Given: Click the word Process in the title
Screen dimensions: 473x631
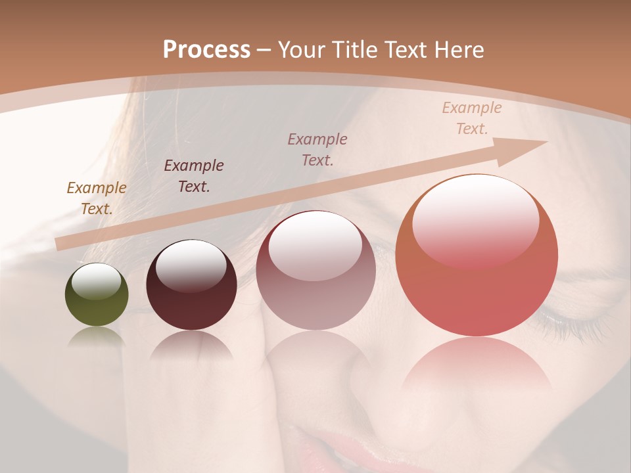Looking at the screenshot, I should click(x=206, y=49).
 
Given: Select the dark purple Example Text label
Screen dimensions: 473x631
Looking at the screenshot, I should click(x=194, y=176).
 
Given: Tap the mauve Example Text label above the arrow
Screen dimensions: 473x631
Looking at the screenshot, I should click(x=317, y=149).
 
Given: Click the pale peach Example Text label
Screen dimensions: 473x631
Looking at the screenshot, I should click(x=471, y=118).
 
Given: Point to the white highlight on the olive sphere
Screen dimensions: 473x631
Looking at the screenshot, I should click(x=97, y=281).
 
